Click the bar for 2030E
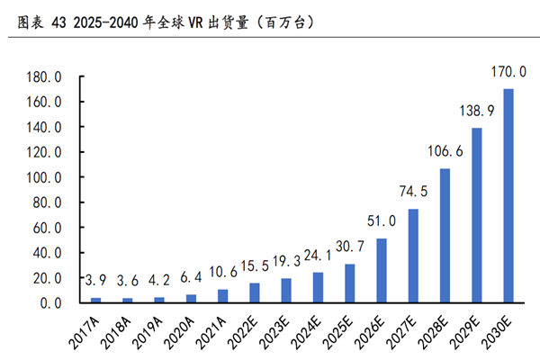point(508,196)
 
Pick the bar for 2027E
point(414,256)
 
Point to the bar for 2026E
point(382,271)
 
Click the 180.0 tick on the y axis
point(44,78)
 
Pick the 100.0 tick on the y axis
point(44,178)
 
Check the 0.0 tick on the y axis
point(49,303)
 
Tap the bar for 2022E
point(256,293)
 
